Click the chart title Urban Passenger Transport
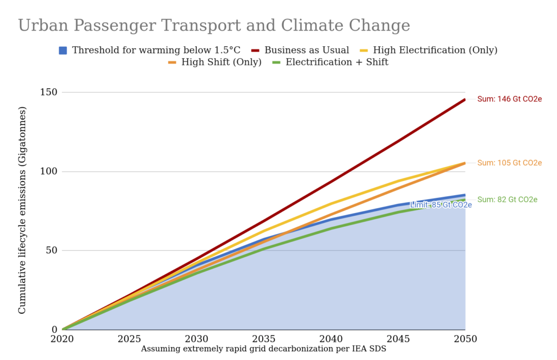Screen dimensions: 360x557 pos(214,26)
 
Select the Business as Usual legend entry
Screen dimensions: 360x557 pos(306,50)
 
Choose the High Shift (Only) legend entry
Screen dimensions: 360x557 pos(221,62)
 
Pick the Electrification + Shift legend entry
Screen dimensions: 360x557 pos(337,62)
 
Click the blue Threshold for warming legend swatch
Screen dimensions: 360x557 pos(63,50)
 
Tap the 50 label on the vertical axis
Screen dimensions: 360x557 pos(50,251)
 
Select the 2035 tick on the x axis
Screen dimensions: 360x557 pos(264,339)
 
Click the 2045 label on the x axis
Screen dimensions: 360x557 pos(398,339)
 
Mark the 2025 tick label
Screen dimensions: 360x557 pos(129,339)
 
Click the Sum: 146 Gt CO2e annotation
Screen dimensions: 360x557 pos(509,99)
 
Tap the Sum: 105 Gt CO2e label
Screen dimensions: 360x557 pos(509,163)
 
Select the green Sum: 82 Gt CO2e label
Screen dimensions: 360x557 pos(507,200)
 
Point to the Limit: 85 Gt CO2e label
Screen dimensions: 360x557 pos(440,205)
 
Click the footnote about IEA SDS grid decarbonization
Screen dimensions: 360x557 pos(263,349)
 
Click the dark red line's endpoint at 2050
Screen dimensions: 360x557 pos(465,100)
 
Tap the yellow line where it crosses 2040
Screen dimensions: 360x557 pos(331,203)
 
